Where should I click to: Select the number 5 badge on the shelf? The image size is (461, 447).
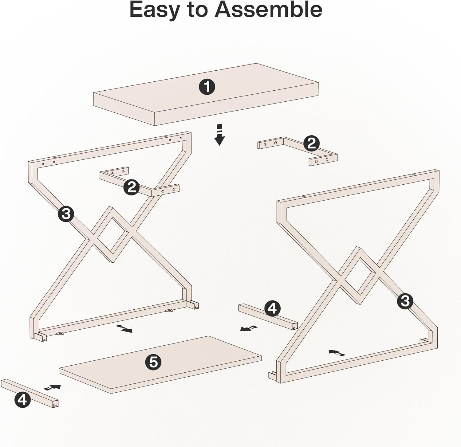click(x=153, y=363)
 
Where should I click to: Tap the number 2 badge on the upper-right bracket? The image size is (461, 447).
click(x=311, y=143)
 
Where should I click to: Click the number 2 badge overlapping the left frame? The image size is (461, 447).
click(x=132, y=187)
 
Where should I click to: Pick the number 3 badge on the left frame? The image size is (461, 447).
click(x=66, y=214)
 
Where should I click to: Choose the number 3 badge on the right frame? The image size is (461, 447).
click(x=405, y=301)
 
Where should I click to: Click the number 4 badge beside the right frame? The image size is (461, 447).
click(x=272, y=308)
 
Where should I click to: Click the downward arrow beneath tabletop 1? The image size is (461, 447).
click(x=219, y=135)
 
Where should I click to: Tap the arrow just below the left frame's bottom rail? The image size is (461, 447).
click(x=124, y=329)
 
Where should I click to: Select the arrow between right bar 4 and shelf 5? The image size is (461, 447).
click(x=249, y=328)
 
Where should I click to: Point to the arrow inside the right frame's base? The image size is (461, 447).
click(x=337, y=352)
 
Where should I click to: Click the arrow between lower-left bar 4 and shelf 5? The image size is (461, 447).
click(x=52, y=387)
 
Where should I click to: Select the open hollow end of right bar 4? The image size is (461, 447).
click(x=295, y=326)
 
